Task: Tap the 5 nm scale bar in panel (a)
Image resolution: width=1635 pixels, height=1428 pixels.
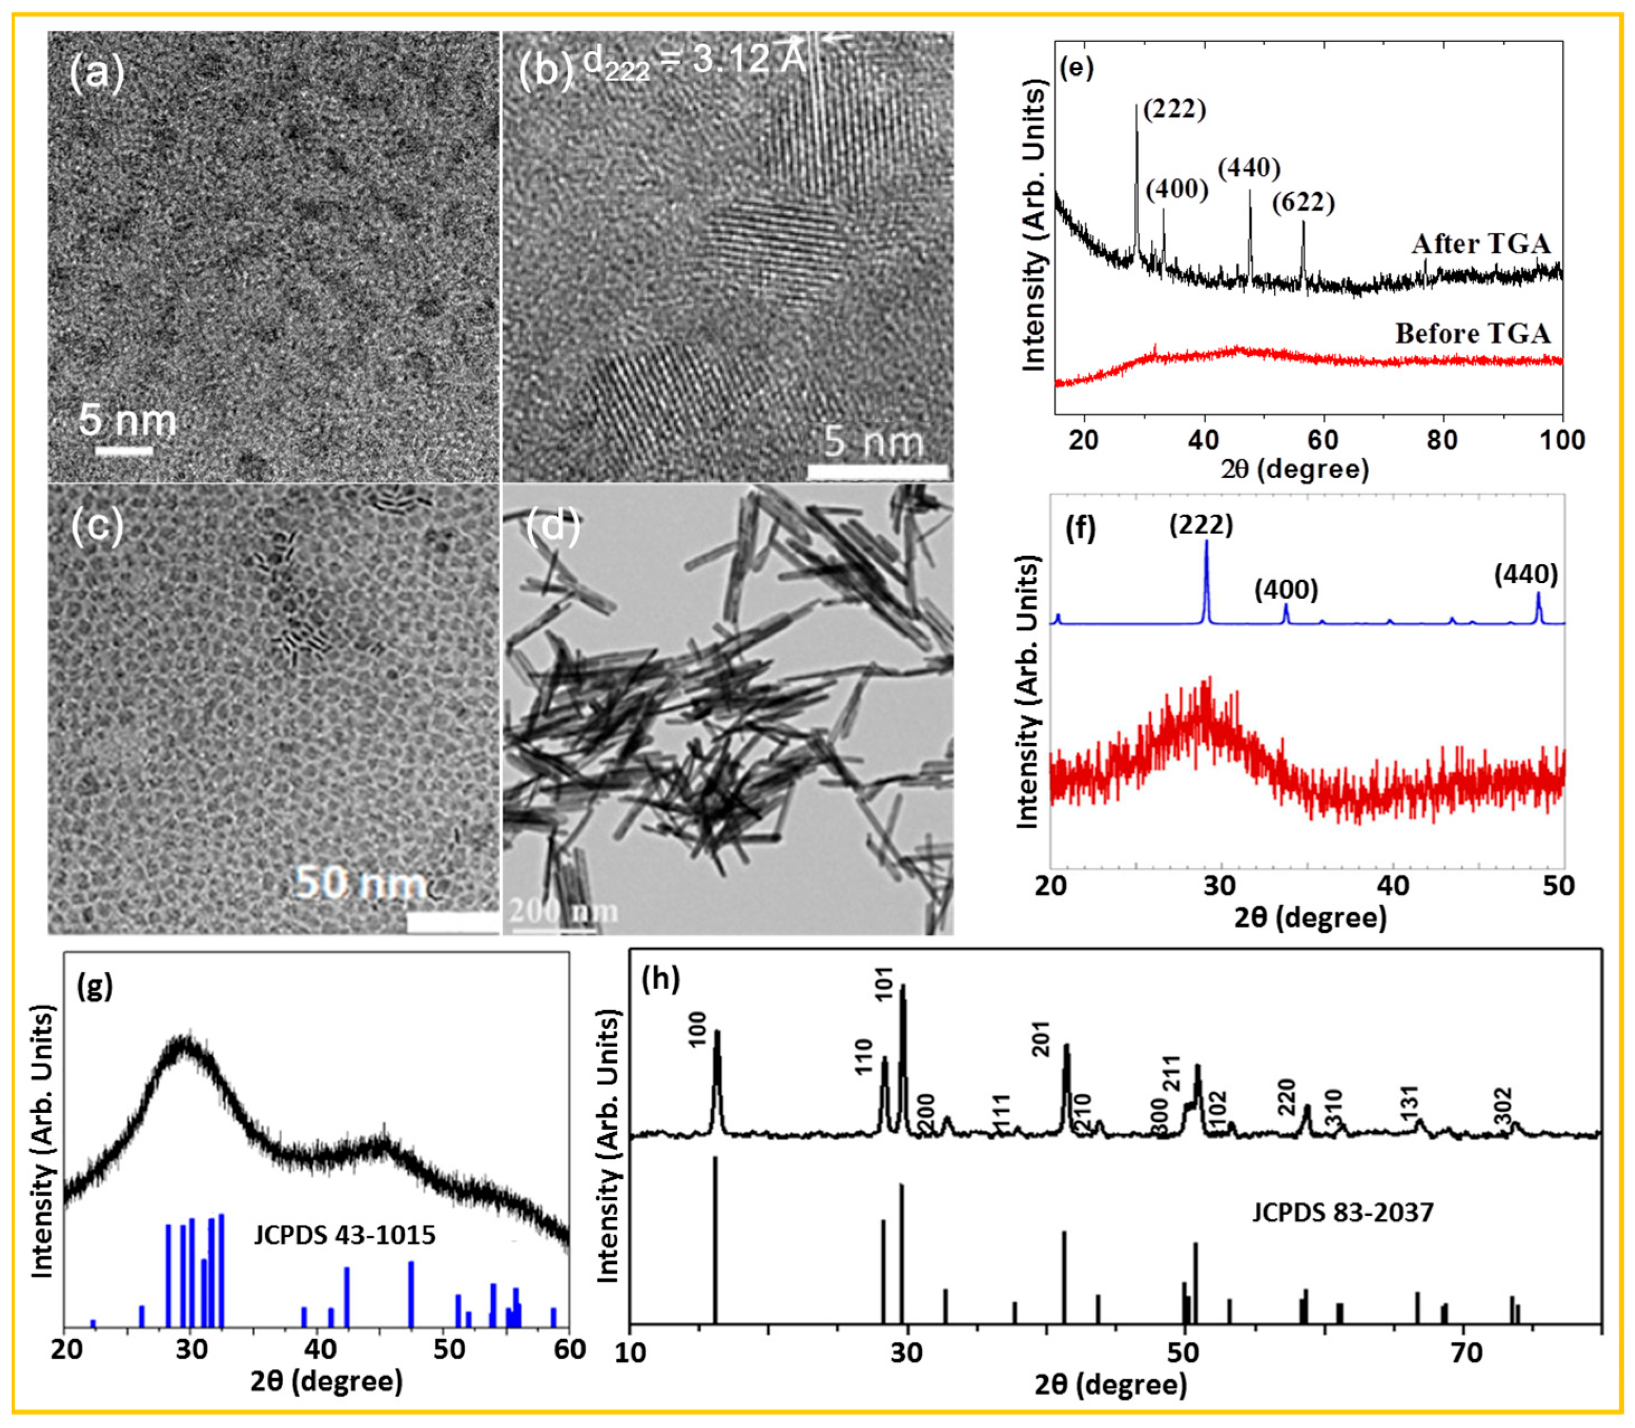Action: click(125, 451)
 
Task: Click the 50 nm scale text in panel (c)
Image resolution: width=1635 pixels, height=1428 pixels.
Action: click(360, 883)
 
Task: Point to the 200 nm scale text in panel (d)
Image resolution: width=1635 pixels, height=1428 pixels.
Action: click(562, 911)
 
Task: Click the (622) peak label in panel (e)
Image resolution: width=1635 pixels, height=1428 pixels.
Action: click(1302, 203)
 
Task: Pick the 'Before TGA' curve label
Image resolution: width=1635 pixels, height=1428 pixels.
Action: click(1473, 333)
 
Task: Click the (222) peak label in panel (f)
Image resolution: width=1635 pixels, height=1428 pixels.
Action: click(1201, 524)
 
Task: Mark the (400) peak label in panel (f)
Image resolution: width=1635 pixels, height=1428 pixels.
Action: click(1286, 590)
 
